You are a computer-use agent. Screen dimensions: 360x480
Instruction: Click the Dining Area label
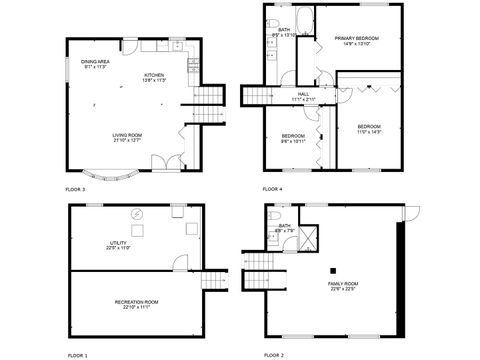96,64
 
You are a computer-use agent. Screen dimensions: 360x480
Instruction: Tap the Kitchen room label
154,78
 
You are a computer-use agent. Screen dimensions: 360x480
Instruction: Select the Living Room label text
127,138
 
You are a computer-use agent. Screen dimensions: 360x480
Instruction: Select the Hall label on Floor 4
303,97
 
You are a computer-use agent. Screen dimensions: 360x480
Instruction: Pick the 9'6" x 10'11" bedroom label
293,138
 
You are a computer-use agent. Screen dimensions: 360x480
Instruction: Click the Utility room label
119,246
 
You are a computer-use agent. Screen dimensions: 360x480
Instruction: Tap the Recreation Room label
136,304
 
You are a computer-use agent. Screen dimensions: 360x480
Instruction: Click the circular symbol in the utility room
138,213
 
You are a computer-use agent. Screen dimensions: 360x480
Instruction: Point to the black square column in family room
335,269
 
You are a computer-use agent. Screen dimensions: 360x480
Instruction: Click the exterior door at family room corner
411,213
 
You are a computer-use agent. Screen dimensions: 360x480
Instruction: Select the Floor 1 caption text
77,355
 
